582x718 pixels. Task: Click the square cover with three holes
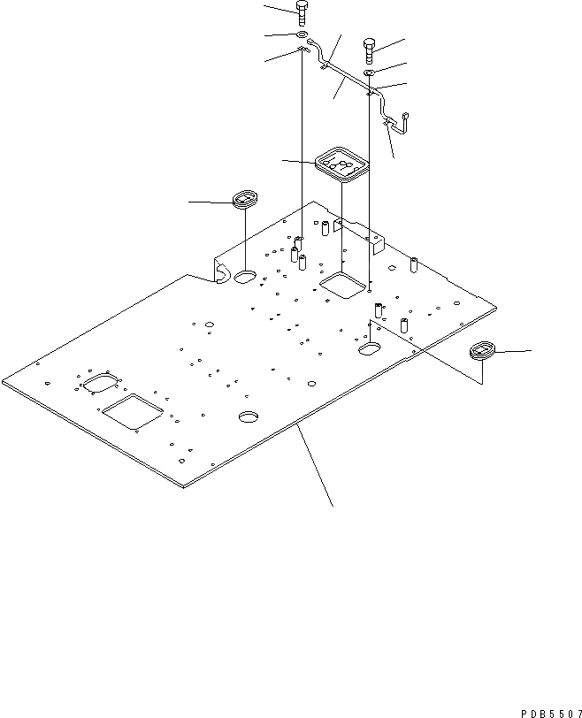click(x=341, y=164)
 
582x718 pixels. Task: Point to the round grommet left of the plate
click(x=244, y=198)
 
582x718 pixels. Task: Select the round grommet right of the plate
click(x=483, y=350)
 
